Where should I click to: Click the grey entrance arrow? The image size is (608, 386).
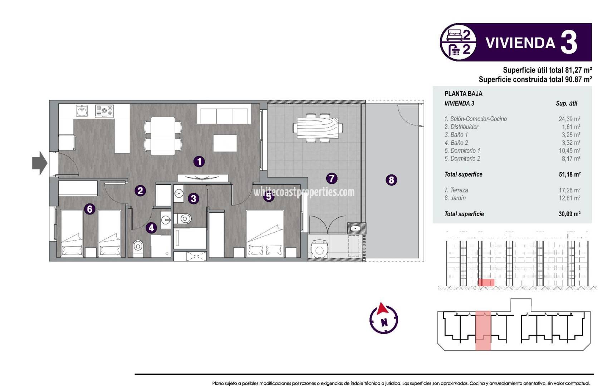39,163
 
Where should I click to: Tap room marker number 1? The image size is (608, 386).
199,162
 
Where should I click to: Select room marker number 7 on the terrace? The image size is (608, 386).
332,178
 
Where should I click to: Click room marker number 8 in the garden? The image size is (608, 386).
391,180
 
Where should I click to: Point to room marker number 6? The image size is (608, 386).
90,209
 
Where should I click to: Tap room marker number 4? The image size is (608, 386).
151,228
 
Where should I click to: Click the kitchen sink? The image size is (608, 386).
82,111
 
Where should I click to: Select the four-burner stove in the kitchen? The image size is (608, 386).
104,111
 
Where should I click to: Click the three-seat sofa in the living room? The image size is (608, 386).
224,114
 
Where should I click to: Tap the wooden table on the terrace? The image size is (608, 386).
317,128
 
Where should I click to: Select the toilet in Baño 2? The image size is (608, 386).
138,246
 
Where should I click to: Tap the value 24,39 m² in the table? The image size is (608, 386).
569,119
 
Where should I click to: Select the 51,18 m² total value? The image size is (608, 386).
569,174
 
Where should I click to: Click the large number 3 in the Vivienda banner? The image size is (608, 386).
569,43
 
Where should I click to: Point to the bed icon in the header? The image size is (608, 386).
455,35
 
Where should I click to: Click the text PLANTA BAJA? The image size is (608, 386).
464,94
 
